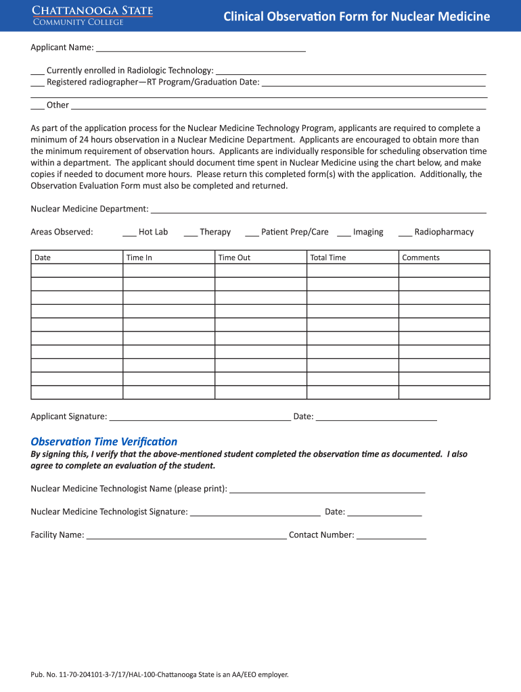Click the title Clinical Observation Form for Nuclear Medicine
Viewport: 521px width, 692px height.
pyautogui.click(x=357, y=17)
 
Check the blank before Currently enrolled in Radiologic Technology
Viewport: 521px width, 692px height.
pyautogui.click(x=37, y=71)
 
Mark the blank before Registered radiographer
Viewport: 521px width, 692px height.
pyautogui.click(x=37, y=82)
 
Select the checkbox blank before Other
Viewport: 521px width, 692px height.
pyautogui.click(x=37, y=105)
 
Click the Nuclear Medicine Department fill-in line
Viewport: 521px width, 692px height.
pyautogui.click(x=318, y=209)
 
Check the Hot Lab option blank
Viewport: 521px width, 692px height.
pyautogui.click(x=129, y=232)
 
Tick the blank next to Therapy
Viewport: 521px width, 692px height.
pyautogui.click(x=190, y=232)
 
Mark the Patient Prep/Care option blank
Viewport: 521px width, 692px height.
pyautogui.click(x=251, y=232)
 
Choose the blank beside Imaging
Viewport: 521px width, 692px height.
pyautogui.click(x=343, y=232)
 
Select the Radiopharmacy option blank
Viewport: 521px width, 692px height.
pyautogui.click(x=405, y=232)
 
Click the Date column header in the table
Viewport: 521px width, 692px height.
pyautogui.click(x=43, y=257)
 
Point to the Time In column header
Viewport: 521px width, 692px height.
pyautogui.click(x=139, y=257)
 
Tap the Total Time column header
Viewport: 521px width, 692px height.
pyautogui.click(x=327, y=257)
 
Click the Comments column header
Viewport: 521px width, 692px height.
pyautogui.click(x=421, y=257)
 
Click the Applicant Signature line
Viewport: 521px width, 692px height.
pyautogui.click(x=200, y=417)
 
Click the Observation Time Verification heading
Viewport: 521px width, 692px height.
pyautogui.click(x=104, y=441)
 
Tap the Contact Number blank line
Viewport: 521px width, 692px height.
pyautogui.click(x=391, y=536)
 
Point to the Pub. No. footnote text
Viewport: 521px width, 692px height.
pyautogui.click(x=160, y=674)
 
